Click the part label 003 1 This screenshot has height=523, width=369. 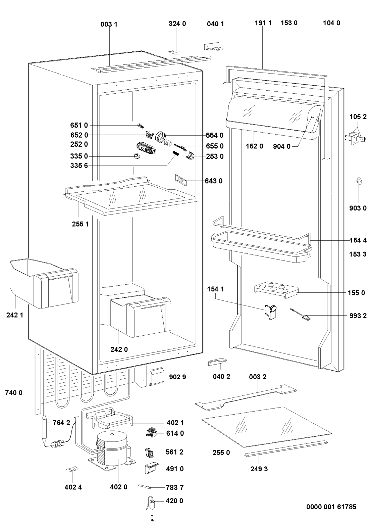(109, 24)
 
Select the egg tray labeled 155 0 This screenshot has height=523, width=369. (276, 290)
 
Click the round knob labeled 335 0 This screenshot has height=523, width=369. (137, 156)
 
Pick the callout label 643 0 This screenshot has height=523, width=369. (214, 181)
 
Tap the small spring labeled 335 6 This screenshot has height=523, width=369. (175, 154)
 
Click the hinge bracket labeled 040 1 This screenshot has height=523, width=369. (214, 46)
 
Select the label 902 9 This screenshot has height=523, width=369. (177, 377)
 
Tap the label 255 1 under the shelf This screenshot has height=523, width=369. (80, 224)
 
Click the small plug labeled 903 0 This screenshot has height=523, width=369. (359, 181)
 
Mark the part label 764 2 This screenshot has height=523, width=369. (62, 423)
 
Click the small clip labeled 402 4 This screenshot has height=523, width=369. (72, 469)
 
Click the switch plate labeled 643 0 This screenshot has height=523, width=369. (181, 180)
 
